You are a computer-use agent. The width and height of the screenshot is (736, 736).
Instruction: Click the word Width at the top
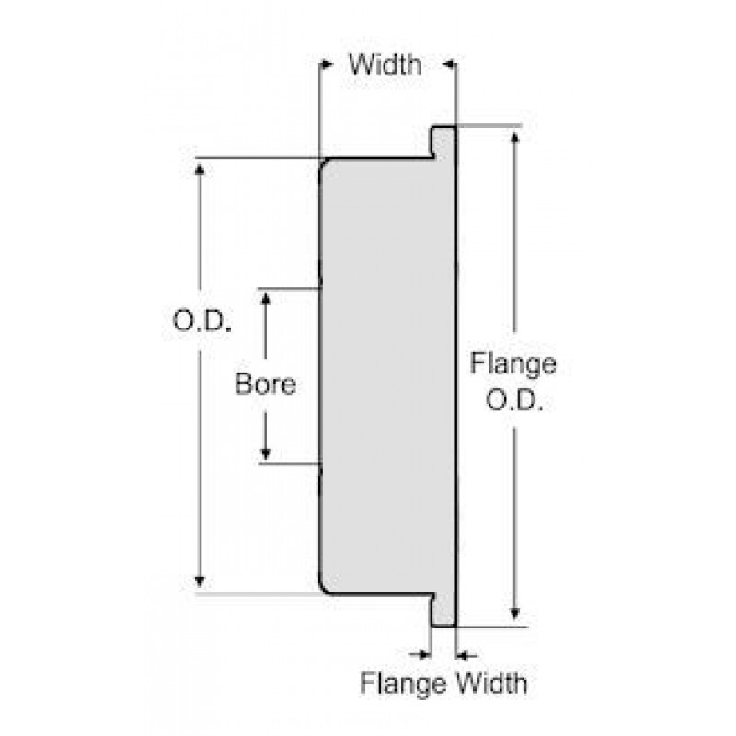[385, 65]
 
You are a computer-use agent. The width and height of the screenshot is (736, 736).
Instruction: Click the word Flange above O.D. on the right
[512, 363]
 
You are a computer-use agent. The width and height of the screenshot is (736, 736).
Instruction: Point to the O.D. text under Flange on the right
[512, 402]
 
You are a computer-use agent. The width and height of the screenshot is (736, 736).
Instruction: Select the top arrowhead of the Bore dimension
[265, 300]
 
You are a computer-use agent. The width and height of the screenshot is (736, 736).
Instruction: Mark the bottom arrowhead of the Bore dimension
[265, 453]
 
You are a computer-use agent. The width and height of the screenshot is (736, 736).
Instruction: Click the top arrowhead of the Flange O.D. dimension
[515, 138]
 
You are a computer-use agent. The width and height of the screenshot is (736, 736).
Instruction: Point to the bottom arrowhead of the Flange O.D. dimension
[515, 615]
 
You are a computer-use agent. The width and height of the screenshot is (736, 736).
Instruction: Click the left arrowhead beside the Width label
[326, 65]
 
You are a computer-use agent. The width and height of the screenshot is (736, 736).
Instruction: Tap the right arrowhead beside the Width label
[448, 65]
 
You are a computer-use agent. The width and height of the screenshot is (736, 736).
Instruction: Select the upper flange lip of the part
[444, 141]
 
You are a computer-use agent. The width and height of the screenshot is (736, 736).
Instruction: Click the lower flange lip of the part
[444, 611]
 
